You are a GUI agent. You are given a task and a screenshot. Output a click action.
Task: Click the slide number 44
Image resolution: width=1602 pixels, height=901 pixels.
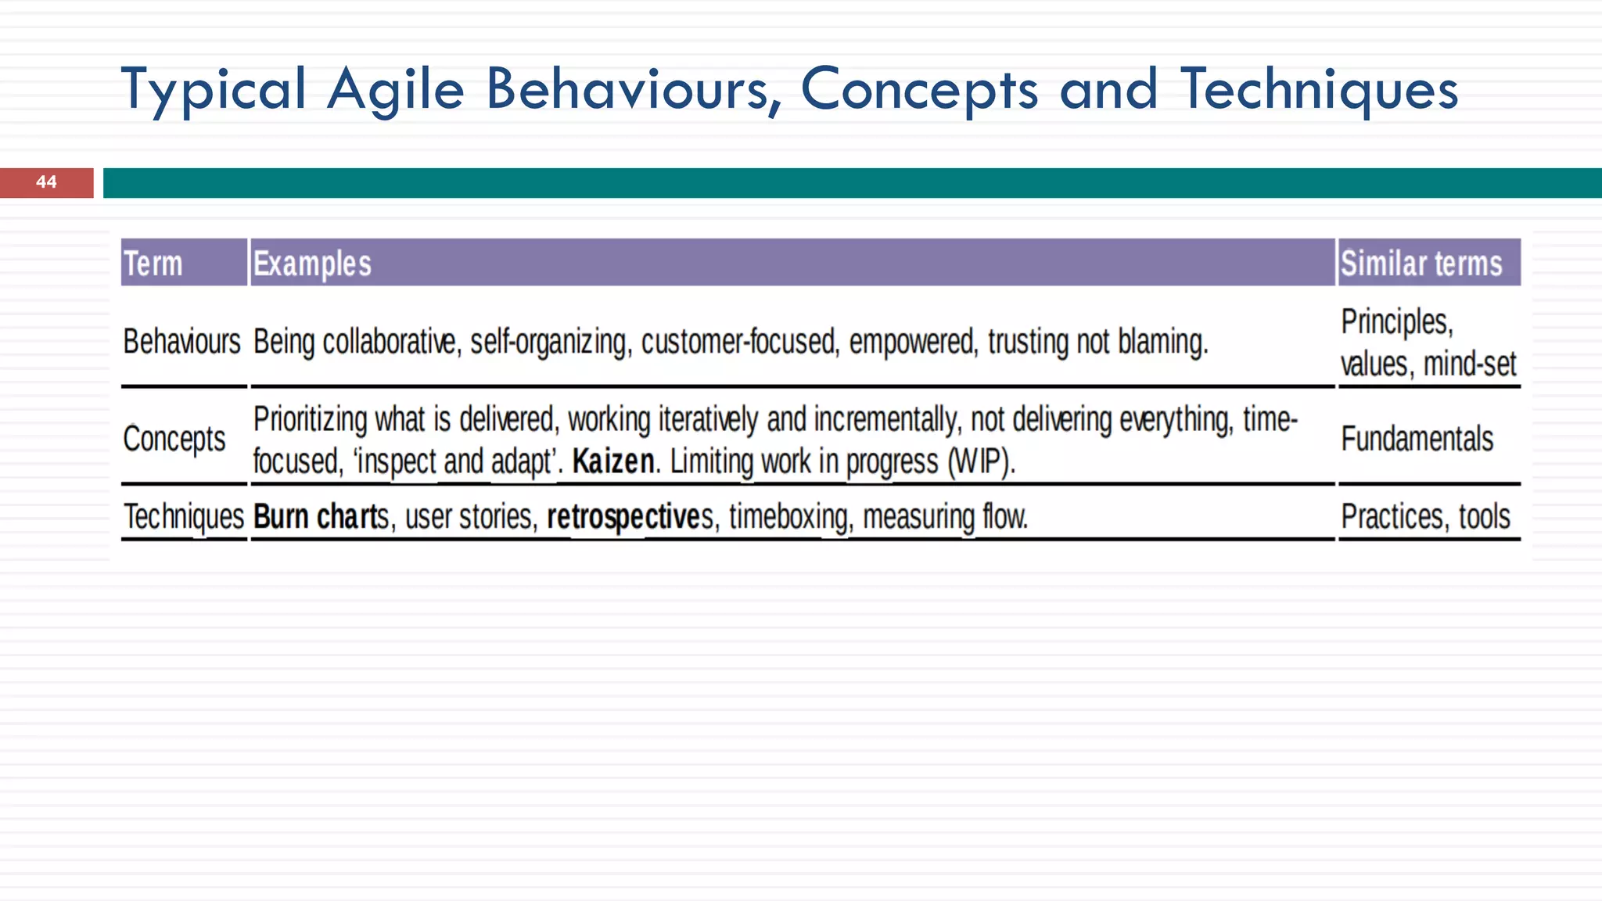(46, 182)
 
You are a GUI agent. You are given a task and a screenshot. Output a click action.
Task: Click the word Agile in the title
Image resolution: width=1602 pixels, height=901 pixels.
(396, 89)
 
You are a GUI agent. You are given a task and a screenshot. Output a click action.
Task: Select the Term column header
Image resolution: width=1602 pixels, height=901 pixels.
(153, 264)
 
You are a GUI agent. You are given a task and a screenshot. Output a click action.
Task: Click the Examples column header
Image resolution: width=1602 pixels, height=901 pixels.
(312, 264)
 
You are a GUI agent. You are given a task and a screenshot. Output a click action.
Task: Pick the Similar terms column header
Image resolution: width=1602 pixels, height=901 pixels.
(1421, 264)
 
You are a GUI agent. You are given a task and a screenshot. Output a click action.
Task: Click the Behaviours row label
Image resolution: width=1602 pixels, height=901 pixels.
(182, 342)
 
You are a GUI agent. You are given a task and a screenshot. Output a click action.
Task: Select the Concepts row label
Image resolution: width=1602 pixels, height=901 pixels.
(174, 439)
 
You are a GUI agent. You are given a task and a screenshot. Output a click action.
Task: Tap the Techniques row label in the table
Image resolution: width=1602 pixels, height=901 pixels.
(184, 517)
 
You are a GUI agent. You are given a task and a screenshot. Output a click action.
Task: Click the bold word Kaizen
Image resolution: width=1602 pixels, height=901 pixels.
(613, 461)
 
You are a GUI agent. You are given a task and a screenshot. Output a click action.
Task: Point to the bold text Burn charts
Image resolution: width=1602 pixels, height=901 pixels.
(321, 517)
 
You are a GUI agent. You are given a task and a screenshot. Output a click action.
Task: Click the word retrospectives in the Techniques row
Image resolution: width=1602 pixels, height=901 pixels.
(630, 517)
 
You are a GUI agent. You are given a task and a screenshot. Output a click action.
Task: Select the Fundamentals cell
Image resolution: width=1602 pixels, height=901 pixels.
(1417, 439)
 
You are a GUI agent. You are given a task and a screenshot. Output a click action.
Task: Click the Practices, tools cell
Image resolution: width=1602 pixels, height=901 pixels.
(1425, 517)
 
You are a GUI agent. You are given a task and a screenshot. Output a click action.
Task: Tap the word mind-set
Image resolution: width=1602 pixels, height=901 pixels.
(1470, 364)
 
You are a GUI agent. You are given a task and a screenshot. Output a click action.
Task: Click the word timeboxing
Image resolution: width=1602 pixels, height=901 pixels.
(788, 517)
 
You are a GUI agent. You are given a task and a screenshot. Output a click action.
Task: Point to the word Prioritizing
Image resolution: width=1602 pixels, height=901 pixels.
(311, 420)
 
